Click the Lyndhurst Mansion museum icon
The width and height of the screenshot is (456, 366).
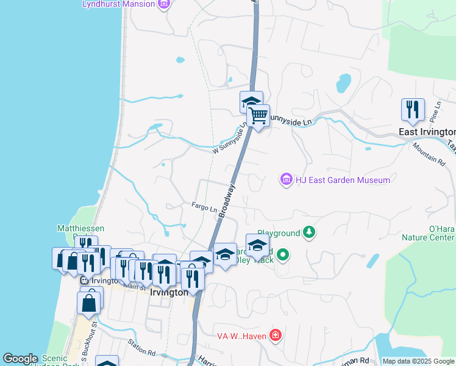(x=163, y=5)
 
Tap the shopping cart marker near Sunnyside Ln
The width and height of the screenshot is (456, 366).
(x=258, y=115)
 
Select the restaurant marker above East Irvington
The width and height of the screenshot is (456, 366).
(x=413, y=110)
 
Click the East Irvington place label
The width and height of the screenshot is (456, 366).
(x=427, y=132)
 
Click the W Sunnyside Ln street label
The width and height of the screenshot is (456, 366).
(x=230, y=142)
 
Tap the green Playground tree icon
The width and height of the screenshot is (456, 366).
(x=310, y=232)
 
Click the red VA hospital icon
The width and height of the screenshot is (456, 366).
(x=276, y=335)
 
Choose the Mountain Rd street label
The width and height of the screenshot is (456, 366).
(x=429, y=153)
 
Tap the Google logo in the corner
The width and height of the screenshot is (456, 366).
(x=20, y=359)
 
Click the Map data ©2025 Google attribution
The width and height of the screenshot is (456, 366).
(x=418, y=361)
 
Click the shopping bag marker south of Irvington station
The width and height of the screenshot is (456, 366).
(x=89, y=303)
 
